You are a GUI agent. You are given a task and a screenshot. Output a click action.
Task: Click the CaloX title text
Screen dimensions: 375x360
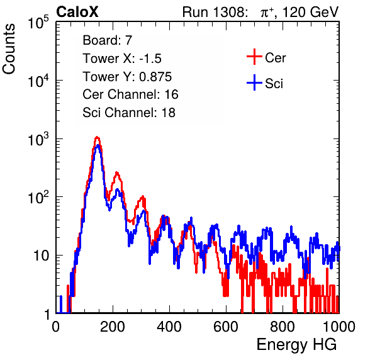77,12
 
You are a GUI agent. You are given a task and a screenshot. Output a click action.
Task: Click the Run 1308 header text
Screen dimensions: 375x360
215,12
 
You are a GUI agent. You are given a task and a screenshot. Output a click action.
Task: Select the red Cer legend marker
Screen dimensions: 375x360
254,57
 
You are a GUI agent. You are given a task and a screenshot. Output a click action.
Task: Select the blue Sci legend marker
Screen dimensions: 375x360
254,82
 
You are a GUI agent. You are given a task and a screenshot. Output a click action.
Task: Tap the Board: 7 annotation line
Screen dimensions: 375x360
108,40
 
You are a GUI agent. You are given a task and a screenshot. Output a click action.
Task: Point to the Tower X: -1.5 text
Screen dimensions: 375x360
122,59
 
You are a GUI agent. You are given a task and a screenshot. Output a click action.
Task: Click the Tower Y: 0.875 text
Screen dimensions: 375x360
127,77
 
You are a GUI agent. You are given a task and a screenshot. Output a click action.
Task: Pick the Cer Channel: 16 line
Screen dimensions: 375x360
131,94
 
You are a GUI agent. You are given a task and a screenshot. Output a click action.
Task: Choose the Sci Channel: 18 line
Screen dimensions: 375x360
129,112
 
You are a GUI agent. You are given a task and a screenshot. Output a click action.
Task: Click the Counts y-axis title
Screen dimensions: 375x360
9,49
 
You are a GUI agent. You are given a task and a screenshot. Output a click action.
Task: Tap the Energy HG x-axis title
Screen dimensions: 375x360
296,344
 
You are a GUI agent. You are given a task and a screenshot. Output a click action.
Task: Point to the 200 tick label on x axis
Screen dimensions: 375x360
113,327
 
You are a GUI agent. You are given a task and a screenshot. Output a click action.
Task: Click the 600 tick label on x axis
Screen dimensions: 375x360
226,327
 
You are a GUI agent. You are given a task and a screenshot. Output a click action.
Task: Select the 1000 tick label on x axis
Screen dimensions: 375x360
339,327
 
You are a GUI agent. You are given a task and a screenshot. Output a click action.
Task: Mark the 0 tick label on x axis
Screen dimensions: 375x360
56,327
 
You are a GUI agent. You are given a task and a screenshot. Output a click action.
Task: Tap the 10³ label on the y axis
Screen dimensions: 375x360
38,139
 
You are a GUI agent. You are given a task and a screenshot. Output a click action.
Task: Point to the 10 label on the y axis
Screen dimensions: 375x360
42,256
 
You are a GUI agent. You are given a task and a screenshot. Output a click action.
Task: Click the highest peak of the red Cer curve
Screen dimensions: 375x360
97,137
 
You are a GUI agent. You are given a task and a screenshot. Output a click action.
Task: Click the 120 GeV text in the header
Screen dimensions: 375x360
310,12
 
